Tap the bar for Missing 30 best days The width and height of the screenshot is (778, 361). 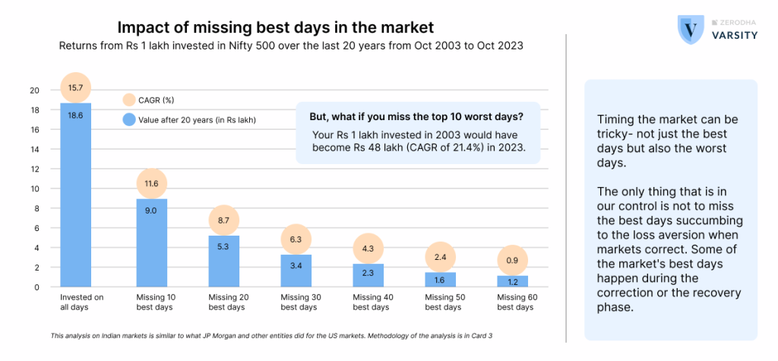click(x=295, y=271)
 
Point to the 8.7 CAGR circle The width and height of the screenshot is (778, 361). click(x=223, y=220)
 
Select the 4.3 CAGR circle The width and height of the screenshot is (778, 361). click(x=367, y=248)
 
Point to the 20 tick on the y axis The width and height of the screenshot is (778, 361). click(x=34, y=90)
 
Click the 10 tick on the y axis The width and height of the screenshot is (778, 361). click(x=34, y=188)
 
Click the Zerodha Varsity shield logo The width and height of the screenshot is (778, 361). click(x=690, y=30)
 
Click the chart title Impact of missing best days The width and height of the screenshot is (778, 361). click(x=275, y=27)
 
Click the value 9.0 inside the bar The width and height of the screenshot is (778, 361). click(x=151, y=211)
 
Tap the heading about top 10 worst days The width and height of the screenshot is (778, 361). click(x=416, y=116)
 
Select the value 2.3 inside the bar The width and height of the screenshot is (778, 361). click(x=367, y=274)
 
